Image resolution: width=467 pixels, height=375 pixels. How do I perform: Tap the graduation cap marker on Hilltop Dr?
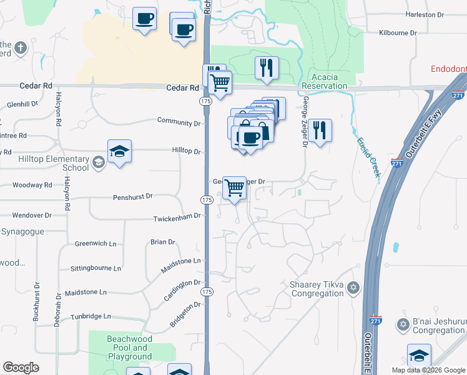pos(119,152)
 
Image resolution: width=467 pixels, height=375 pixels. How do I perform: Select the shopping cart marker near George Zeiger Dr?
pos(234,187)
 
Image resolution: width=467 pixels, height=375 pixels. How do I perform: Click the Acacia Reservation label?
pos(324,81)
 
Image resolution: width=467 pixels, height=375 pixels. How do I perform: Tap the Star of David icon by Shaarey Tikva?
pos(354,288)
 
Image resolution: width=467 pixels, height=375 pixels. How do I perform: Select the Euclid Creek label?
pos(369,156)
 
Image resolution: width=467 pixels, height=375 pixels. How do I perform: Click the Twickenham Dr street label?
pos(177,216)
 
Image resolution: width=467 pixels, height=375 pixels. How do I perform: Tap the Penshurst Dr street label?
pos(133,196)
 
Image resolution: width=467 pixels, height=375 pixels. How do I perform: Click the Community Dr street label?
pos(179,121)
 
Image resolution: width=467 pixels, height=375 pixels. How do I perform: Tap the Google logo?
pos(21,367)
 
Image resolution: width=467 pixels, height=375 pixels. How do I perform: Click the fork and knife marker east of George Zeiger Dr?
pos(319,131)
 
